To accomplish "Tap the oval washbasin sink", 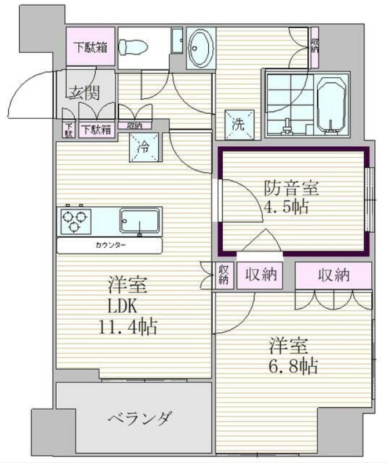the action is [x=201, y=48].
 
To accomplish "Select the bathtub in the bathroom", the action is [x=331, y=105].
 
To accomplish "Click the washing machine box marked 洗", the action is [x=239, y=125].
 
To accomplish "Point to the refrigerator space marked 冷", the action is [x=144, y=147].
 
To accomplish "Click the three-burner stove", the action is [x=75, y=221].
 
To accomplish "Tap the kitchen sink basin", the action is [x=140, y=220].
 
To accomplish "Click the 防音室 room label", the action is [x=291, y=188].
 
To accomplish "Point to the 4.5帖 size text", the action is [x=286, y=207].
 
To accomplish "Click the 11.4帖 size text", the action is [x=127, y=327].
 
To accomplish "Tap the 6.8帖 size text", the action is [x=293, y=367].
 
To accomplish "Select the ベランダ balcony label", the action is [x=139, y=418].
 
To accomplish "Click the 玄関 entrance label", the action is [x=85, y=92].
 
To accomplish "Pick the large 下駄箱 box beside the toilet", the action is [x=90, y=46].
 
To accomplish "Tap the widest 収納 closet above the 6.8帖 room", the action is [x=333, y=276].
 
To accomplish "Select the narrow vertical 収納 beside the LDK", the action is [x=223, y=275].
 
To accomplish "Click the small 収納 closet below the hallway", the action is [x=135, y=126].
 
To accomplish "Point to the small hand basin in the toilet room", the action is [x=177, y=41].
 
